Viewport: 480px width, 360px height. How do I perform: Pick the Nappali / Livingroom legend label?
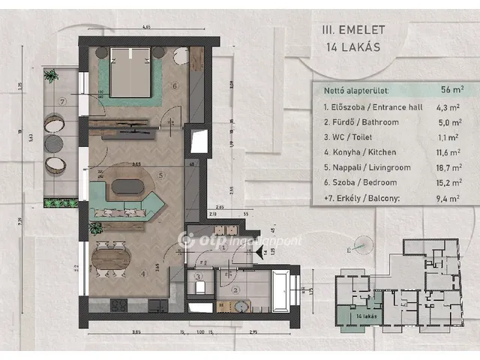point(367,168)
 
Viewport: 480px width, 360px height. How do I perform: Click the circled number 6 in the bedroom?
point(175,85)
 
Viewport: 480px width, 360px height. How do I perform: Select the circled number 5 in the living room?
point(160,177)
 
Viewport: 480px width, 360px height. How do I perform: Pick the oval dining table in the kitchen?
point(110,260)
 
